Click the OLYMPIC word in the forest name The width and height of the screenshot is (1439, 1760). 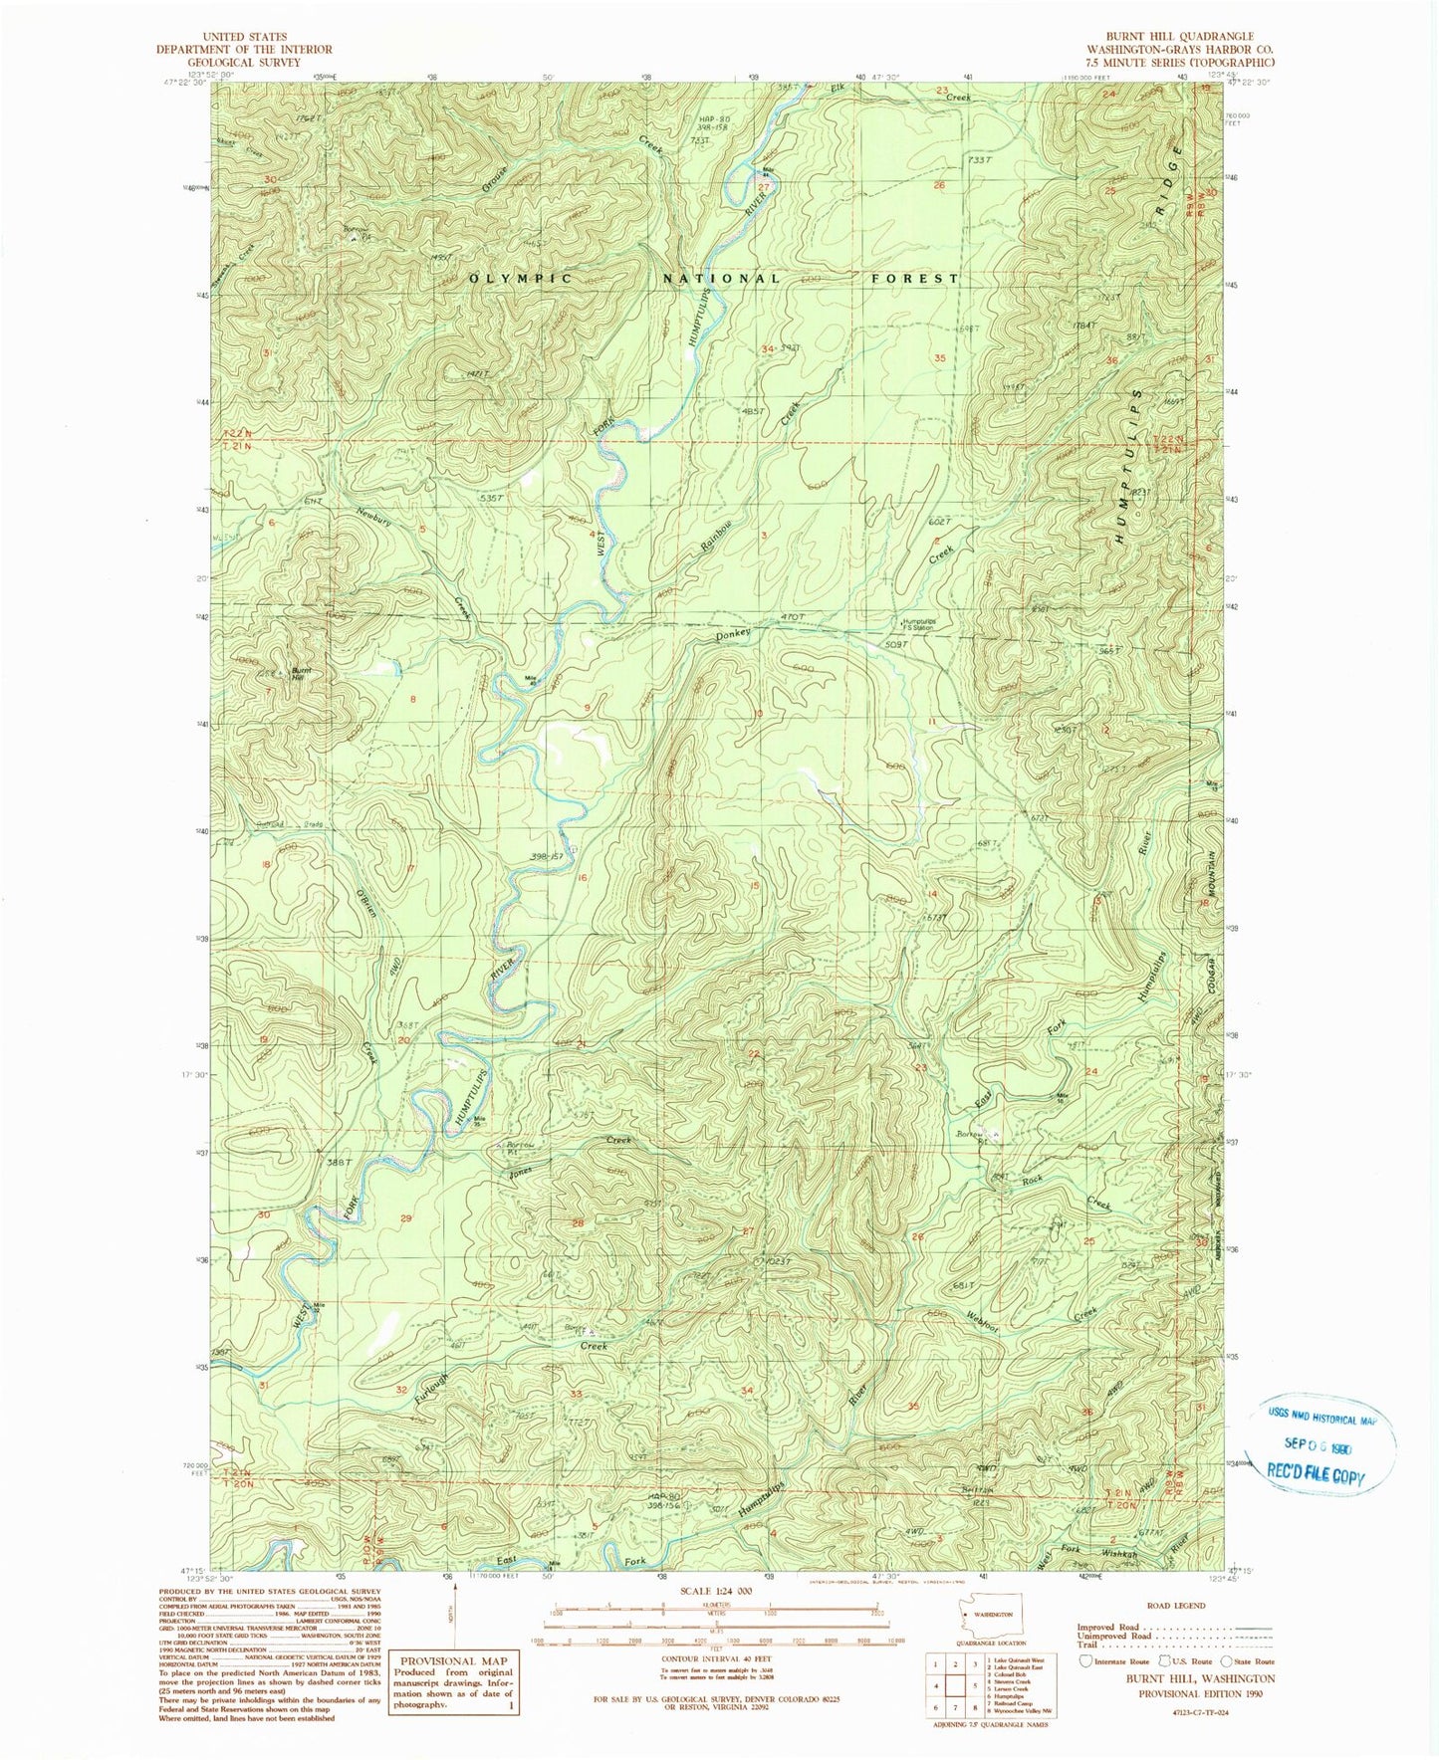click(x=521, y=279)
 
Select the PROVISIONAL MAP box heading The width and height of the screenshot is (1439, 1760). click(x=454, y=1660)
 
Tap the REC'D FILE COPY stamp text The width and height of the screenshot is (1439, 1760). click(x=1315, y=1474)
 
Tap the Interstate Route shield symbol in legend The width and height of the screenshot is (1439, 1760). click(x=1085, y=1660)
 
